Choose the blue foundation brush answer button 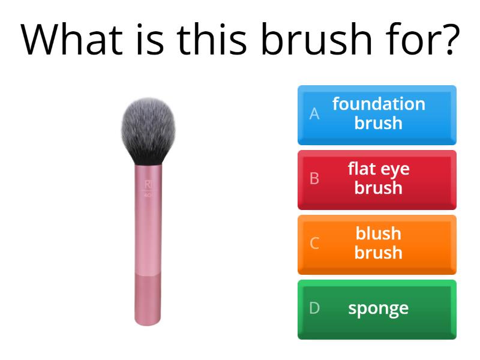coord(377,115)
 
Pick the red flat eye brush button coord(377,179)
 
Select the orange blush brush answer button coord(377,244)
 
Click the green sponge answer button coord(377,309)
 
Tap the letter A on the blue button coord(314,114)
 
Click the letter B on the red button coord(314,179)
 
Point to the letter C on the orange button coord(314,244)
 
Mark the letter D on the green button coord(314,308)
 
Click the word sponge coord(378,309)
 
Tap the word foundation coord(378,104)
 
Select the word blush coord(378,233)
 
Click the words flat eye coord(378,169)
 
